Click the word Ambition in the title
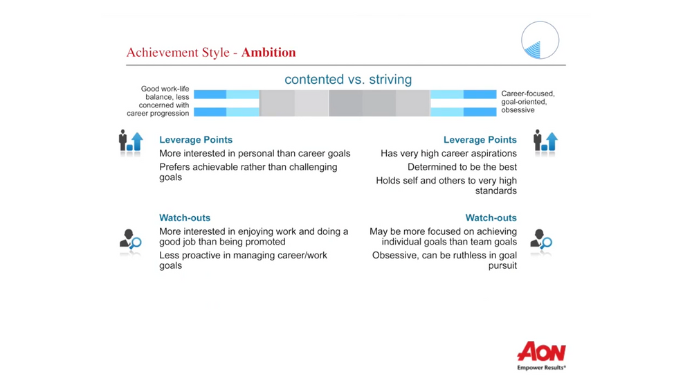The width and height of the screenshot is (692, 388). (268, 53)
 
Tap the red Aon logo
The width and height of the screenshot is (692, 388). (542, 352)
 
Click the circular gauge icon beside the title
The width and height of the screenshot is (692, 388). (540, 40)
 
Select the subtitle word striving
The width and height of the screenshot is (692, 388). (390, 80)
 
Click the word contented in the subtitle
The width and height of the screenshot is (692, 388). (313, 80)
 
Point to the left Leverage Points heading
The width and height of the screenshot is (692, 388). (196, 140)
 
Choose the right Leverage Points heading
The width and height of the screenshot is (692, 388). (480, 140)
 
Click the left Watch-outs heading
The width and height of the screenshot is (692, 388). (185, 218)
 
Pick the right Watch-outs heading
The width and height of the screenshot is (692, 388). (491, 218)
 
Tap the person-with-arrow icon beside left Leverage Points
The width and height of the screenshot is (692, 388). (131, 141)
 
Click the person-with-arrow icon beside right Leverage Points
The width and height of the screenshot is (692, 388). (545, 141)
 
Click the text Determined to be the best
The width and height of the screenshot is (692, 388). (462, 167)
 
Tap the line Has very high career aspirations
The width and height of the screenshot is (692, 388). (448, 153)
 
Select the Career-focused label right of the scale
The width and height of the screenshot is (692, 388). (528, 94)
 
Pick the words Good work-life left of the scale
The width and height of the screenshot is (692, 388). (165, 89)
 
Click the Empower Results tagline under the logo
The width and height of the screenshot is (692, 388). (541, 368)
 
